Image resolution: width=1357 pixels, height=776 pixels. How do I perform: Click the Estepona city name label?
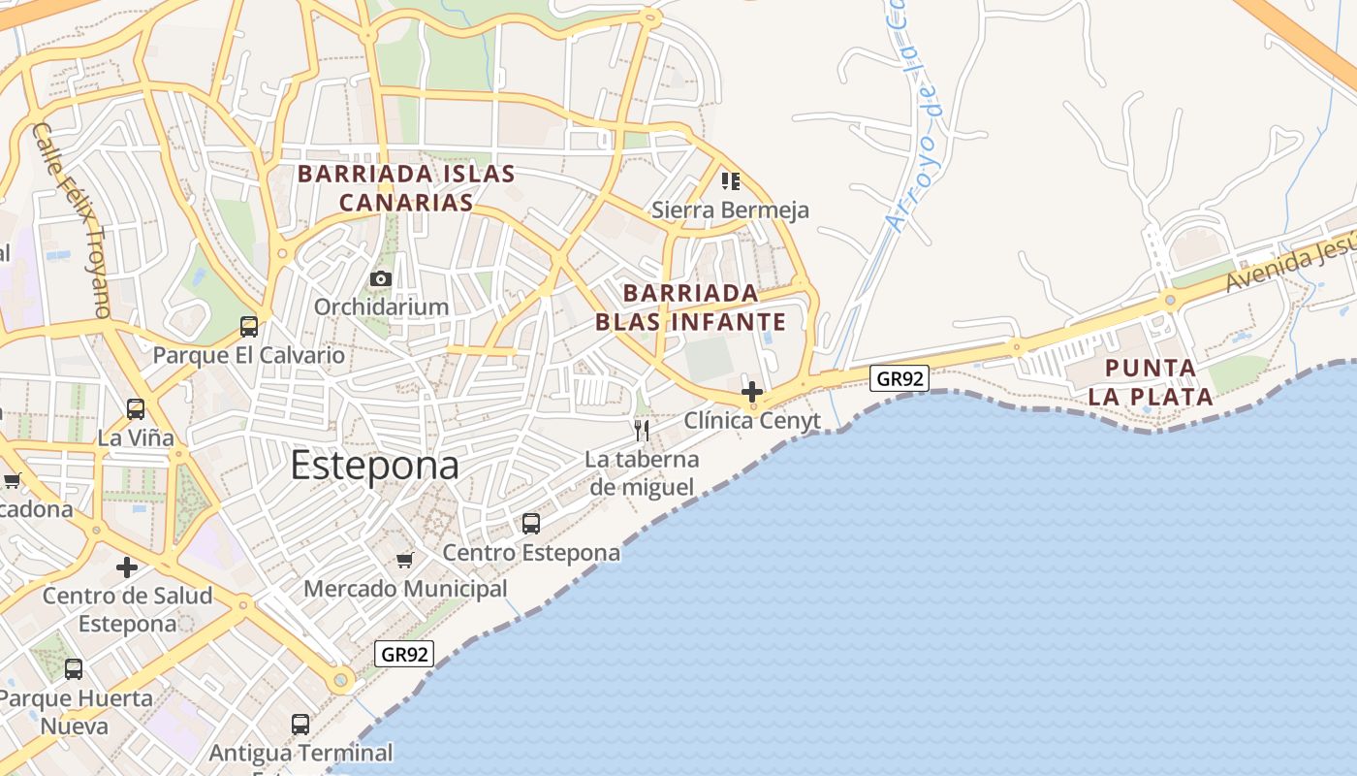click(375, 466)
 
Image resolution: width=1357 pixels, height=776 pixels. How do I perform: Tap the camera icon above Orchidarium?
click(381, 279)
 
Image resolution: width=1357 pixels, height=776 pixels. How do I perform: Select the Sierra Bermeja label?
click(730, 210)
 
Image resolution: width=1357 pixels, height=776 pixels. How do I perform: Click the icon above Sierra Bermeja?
click(731, 181)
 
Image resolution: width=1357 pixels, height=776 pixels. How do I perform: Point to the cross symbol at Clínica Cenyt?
click(751, 392)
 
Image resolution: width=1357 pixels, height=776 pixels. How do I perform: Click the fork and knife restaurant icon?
click(641, 430)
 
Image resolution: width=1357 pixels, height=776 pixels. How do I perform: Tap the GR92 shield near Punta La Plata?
click(899, 378)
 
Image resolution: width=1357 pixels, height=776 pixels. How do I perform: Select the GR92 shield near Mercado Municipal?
click(403, 654)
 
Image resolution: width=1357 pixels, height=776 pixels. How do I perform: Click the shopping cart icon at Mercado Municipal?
click(405, 560)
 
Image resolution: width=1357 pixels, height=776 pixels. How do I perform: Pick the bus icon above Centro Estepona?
click(531, 524)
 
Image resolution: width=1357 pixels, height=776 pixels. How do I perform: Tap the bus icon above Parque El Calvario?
click(249, 327)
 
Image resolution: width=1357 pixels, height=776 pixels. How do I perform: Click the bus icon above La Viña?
click(136, 409)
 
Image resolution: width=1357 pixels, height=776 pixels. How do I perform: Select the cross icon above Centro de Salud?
click(127, 567)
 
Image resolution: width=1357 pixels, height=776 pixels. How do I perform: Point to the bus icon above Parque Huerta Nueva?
click(74, 669)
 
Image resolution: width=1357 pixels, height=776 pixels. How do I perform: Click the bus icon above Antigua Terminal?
click(300, 724)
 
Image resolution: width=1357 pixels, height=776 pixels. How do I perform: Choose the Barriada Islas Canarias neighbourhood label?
click(406, 188)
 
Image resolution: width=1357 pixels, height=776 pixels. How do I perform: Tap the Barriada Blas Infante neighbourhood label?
click(690, 307)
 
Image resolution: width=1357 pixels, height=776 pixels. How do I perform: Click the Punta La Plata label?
click(1151, 382)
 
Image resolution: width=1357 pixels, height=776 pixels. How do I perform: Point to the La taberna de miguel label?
click(642, 472)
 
